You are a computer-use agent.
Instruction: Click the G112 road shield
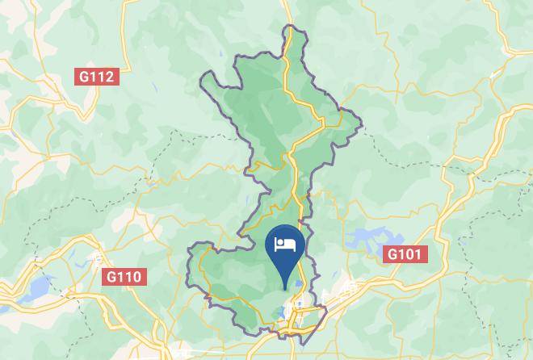click(97, 77)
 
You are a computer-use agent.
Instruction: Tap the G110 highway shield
click(124, 277)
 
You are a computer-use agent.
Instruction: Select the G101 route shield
click(405, 254)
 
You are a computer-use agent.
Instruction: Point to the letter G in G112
click(83, 77)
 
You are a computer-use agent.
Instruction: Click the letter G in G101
click(392, 254)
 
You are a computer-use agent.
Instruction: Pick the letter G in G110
click(111, 277)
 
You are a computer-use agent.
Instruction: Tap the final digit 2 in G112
click(111, 77)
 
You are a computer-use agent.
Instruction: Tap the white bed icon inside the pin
click(285, 243)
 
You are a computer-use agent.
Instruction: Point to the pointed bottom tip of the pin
click(285, 287)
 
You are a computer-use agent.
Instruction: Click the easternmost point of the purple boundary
click(361, 125)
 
